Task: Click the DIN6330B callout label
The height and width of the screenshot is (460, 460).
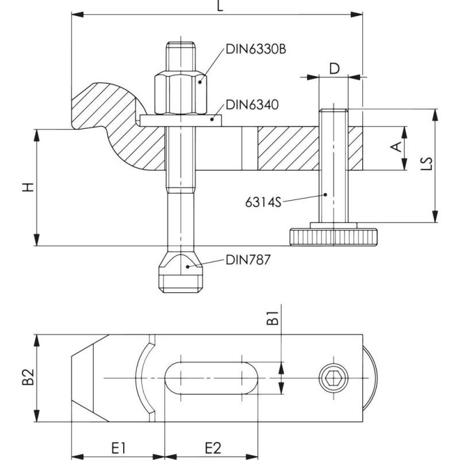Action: tap(255, 49)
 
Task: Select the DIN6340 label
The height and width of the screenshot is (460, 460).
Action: tap(252, 105)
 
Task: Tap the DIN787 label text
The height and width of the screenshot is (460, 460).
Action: tap(248, 260)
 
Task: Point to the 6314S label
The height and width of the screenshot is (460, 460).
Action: tap(263, 202)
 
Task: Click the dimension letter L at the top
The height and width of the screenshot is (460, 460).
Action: tap(220, 6)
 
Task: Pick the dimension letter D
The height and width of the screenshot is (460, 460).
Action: tap(334, 68)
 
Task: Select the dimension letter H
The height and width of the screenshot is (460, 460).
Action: tap(28, 187)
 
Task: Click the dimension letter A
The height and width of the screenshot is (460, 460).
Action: tap(396, 147)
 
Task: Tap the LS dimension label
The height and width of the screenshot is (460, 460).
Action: tap(428, 163)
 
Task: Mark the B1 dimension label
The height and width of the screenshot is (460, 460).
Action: tap(273, 318)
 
